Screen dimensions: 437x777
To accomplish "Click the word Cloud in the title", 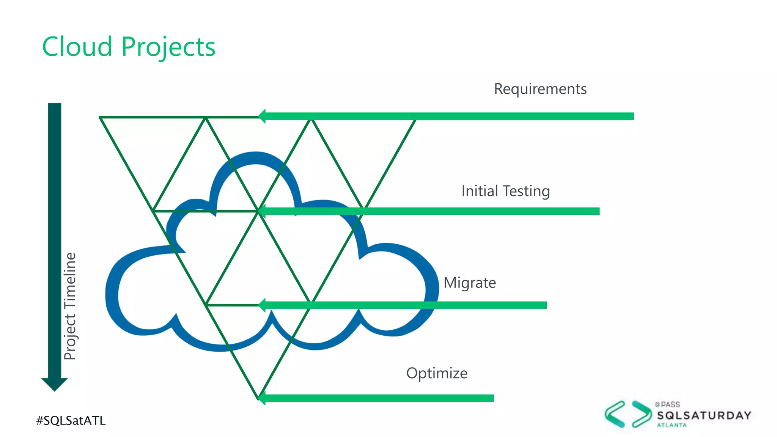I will (77, 47).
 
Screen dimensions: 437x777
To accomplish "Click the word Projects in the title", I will (168, 47).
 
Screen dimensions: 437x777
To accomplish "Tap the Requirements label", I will (540, 89).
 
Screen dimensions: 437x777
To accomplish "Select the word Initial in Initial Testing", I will (480, 191).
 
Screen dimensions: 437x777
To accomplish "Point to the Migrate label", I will (470, 283).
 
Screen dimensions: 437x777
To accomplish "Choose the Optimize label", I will (437, 374).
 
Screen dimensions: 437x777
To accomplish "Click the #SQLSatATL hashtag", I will (71, 420).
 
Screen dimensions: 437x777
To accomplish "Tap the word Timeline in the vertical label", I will (70, 281).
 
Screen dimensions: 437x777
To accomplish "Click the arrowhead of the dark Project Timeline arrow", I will (55, 384).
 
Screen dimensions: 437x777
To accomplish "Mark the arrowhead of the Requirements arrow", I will (262, 116).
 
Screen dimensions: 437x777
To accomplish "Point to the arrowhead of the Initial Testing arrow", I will (262, 211).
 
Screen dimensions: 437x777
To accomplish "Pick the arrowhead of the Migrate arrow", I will (262, 305).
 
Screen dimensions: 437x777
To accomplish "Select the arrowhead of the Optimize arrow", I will (262, 398).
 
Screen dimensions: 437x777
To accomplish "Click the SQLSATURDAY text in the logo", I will (704, 415).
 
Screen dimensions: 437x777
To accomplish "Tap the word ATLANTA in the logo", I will (672, 425).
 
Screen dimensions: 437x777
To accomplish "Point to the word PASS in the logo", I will (670, 405).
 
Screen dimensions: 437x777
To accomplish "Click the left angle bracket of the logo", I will (615, 414).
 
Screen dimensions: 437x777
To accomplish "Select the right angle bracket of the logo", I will (642, 414).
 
